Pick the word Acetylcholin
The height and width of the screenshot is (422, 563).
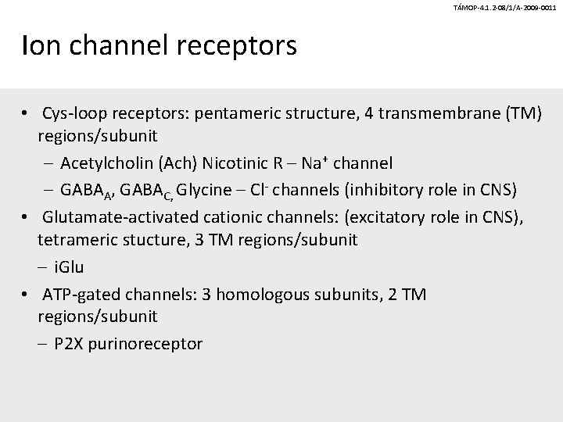106,163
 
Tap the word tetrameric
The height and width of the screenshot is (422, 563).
77,240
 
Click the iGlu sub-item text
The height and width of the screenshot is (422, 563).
69,266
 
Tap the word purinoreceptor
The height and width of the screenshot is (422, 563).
145,344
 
